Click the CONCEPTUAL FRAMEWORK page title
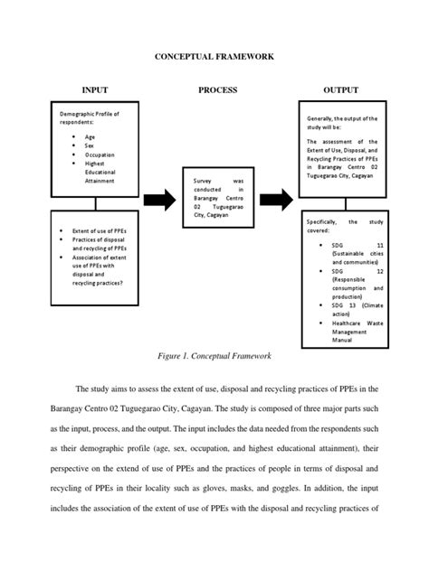[214, 57]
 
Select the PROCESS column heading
[217, 90]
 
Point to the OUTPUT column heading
[340, 90]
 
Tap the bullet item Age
[89, 136]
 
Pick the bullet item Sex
[89, 145]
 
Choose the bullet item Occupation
[99, 154]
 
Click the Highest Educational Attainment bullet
[99, 173]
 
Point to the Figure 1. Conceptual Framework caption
[214, 358]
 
